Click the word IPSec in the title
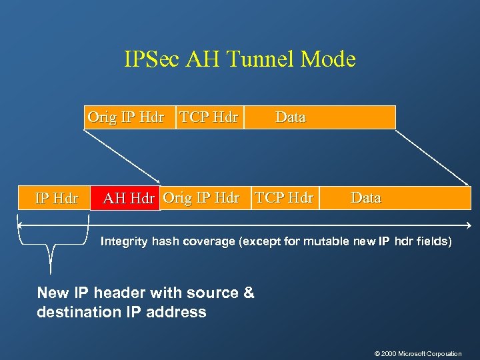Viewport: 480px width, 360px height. point(152,59)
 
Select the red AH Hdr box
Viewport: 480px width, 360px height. point(125,198)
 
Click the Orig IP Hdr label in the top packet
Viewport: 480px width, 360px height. point(126,117)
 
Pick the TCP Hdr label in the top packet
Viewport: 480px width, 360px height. point(208,117)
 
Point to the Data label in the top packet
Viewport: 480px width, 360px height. point(291,117)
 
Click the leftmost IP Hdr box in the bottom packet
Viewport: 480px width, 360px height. point(56,198)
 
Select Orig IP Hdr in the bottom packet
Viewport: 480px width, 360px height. point(201,197)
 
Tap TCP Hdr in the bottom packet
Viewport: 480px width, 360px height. point(284,197)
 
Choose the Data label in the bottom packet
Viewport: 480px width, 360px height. point(366,197)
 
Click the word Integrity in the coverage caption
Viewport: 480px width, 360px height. point(125,241)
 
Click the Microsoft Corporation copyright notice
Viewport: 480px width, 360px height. point(418,353)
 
